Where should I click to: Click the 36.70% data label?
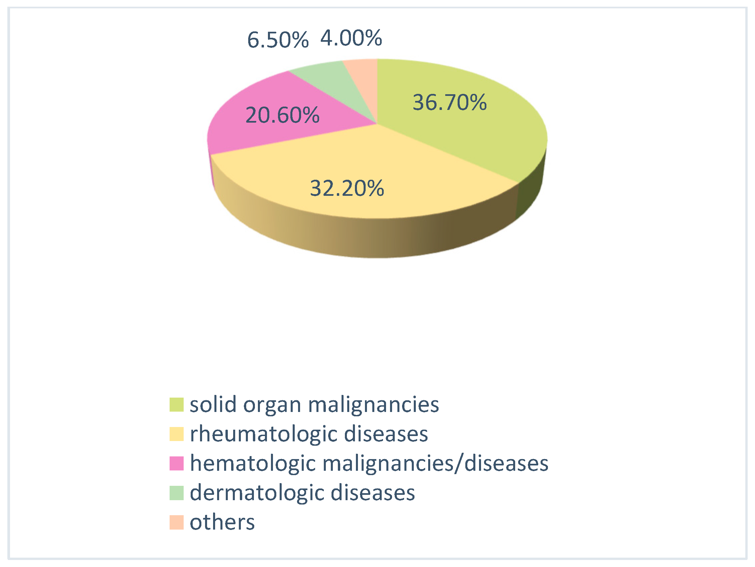[450, 102]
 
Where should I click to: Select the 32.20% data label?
[347, 188]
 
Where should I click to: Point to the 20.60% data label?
[282, 115]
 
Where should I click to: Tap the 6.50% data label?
[278, 40]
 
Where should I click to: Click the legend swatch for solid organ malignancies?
[177, 404]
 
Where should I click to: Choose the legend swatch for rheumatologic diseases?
[177, 434]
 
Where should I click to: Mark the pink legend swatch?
[177, 463]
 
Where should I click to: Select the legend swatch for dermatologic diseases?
[177, 493]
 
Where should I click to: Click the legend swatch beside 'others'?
[177, 522]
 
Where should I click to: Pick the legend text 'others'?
[222, 522]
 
